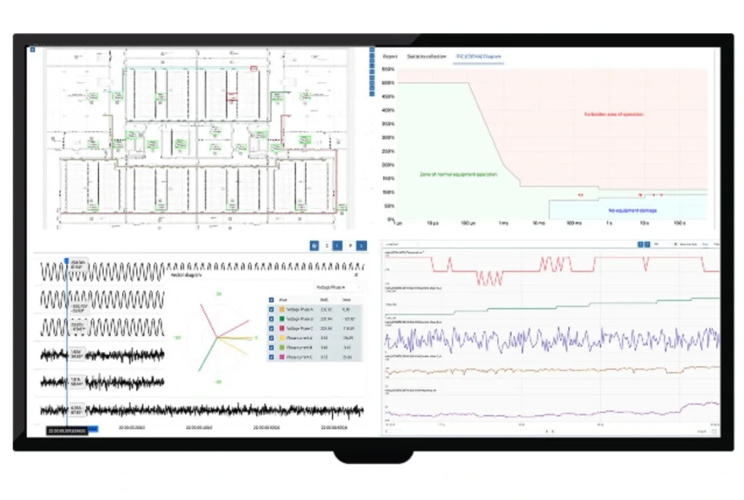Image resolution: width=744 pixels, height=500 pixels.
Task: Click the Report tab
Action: [390, 56]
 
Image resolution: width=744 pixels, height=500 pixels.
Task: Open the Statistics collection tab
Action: [426, 56]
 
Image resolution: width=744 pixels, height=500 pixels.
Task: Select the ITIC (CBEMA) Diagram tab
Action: [479, 56]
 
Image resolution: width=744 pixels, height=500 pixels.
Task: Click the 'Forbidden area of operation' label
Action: [614, 114]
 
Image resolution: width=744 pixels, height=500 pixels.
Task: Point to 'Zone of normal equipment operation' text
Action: [458, 174]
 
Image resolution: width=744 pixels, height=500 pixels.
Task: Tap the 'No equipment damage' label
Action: [632, 210]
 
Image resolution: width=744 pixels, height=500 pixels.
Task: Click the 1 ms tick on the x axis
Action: [504, 223]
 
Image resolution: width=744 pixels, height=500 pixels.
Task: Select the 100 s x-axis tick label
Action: [680, 223]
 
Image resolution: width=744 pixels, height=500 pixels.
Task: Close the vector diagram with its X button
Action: [356, 276]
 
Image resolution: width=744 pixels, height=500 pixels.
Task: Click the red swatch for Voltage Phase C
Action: [280, 328]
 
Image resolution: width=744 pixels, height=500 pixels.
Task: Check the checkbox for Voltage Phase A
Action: [272, 309]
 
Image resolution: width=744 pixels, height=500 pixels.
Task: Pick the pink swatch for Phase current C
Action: [280, 356]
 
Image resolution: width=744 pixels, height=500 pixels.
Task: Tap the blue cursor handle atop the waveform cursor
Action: [67, 260]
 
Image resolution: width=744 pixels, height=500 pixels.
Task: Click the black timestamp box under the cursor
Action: [67, 430]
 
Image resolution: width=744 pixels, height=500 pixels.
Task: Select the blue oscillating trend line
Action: [552, 339]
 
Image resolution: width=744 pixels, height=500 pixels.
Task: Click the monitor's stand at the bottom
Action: [372, 457]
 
